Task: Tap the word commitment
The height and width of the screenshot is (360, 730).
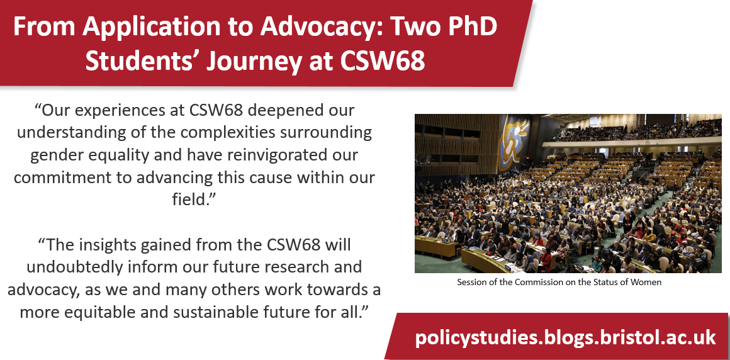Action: pyautogui.click(x=63, y=177)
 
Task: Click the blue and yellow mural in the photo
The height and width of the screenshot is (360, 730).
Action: pyautogui.click(x=514, y=143)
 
